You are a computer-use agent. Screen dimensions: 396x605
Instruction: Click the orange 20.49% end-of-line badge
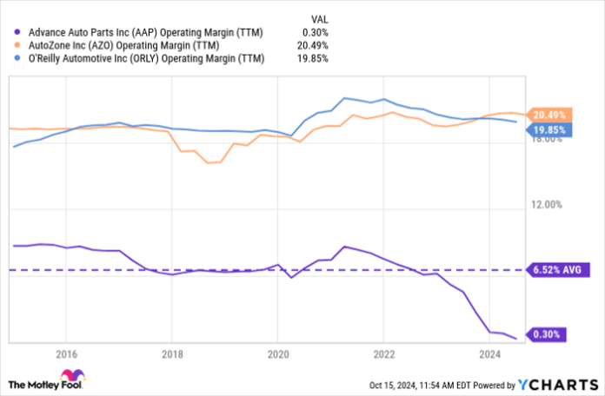548,115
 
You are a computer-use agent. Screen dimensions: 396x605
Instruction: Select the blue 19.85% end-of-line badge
548,130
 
